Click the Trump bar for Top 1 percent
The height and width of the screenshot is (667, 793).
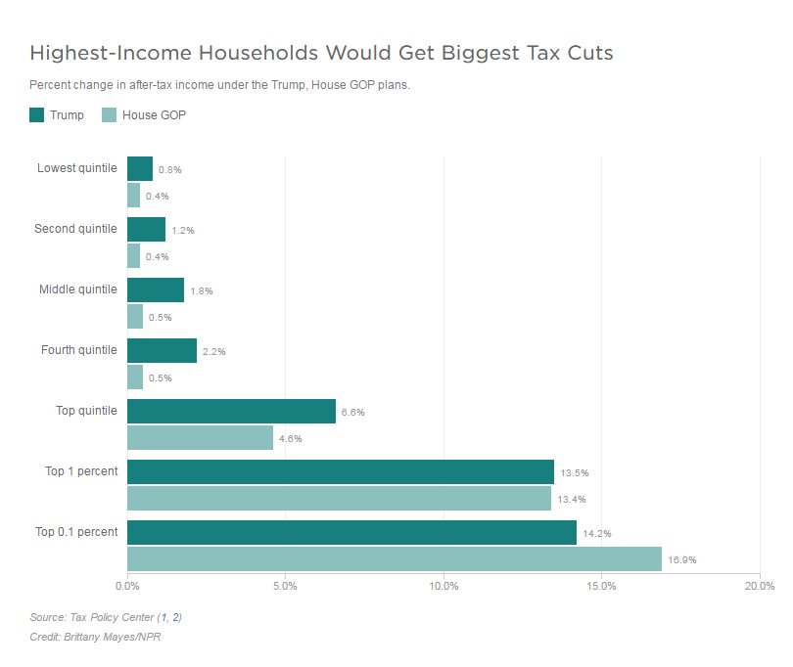340,471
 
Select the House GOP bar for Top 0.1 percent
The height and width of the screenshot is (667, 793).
394,559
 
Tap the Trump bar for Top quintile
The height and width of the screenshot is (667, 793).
231,411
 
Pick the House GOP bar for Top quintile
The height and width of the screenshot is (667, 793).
200,437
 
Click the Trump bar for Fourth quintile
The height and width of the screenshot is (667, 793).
162,350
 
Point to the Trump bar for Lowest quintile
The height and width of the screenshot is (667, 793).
140,168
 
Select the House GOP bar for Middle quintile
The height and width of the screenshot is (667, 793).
135,316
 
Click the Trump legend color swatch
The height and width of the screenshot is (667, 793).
37,115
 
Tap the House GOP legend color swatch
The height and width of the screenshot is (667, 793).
110,115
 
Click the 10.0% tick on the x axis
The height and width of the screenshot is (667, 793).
443,586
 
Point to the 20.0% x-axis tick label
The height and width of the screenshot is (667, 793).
760,586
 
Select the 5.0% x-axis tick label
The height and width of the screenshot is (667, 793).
285,586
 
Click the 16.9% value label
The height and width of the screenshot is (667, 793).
682,560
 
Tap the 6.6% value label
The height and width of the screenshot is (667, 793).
352,413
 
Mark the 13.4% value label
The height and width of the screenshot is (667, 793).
573,499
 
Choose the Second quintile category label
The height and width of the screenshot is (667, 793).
75,229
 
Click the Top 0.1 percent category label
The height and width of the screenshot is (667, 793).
76,532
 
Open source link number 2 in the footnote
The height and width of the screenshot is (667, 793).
176,617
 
